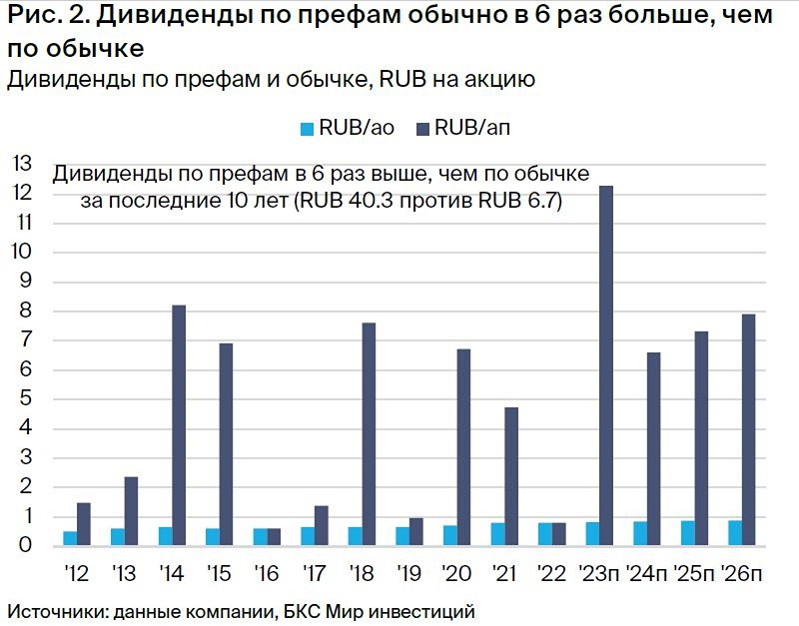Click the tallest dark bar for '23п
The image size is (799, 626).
point(606,365)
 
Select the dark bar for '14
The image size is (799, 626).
point(179,424)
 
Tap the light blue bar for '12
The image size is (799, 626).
point(70,538)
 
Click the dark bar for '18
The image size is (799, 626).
point(369,433)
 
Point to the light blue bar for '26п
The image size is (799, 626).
point(735,533)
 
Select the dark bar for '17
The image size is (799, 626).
point(322,525)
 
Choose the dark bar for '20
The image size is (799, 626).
point(463,446)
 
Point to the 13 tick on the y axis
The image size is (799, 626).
point(21,164)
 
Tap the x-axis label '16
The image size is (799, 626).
point(267,575)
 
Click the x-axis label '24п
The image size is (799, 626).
point(647,575)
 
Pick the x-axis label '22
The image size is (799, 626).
point(551,575)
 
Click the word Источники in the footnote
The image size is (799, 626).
point(51,610)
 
